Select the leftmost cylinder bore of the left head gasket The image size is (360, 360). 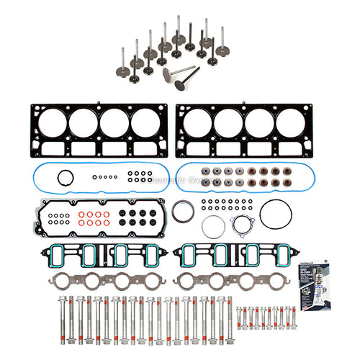52,122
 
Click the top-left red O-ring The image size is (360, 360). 81,214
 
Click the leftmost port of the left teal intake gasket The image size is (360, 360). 60,254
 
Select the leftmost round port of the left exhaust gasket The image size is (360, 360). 60,280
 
